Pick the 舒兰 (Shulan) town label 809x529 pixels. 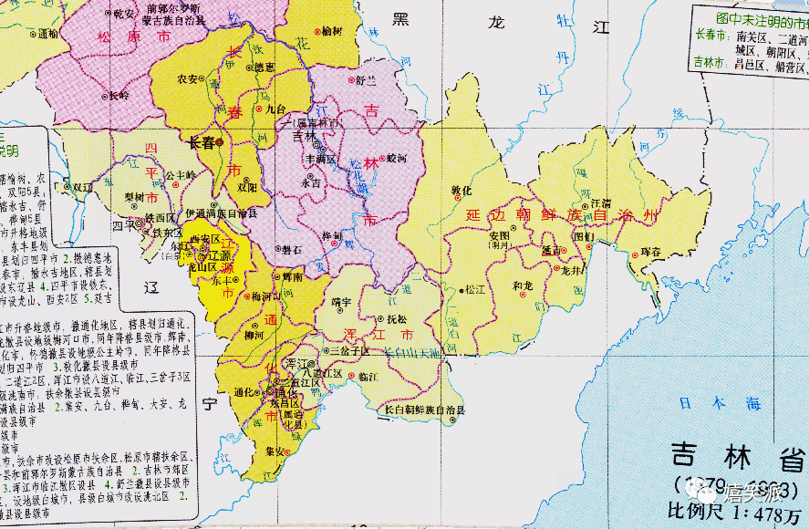pyautogui.click(x=366, y=80)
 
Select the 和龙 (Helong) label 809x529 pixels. pyautogui.click(x=523, y=285)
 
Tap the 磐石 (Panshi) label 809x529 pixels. pyautogui.click(x=292, y=248)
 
